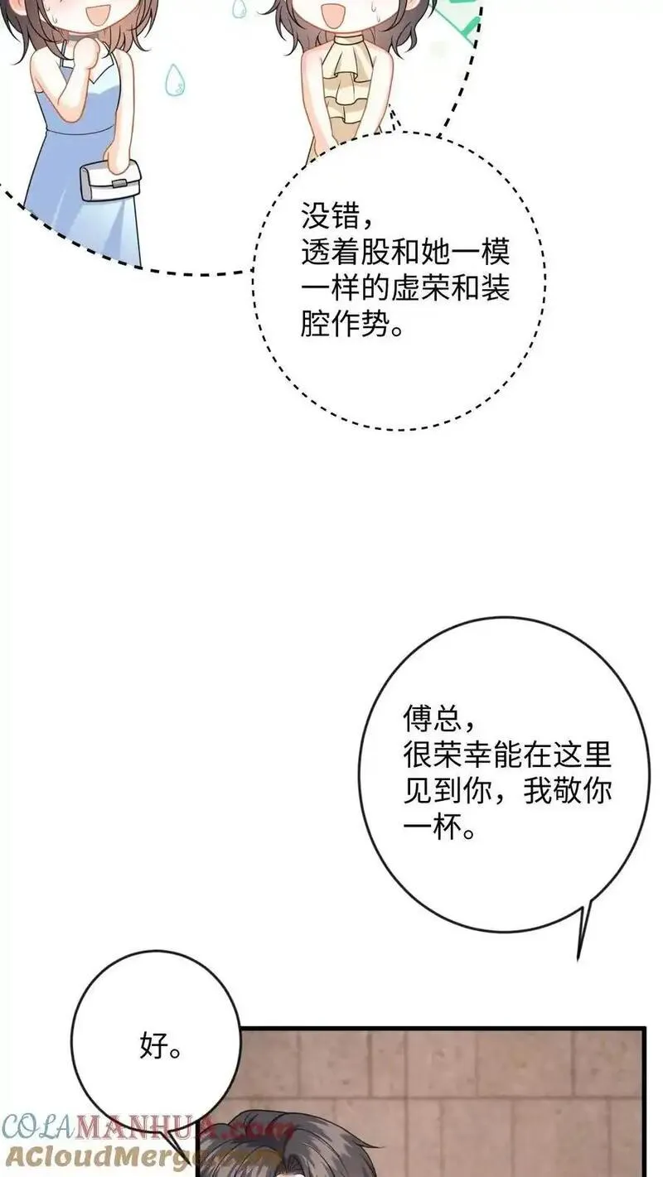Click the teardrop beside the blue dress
[x=175, y=80]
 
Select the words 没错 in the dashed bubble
[x=330, y=216]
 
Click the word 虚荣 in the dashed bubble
[x=419, y=288]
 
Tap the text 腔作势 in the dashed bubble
[x=345, y=324]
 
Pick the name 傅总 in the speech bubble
[x=432, y=719]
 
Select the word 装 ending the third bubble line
[x=496, y=288]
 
